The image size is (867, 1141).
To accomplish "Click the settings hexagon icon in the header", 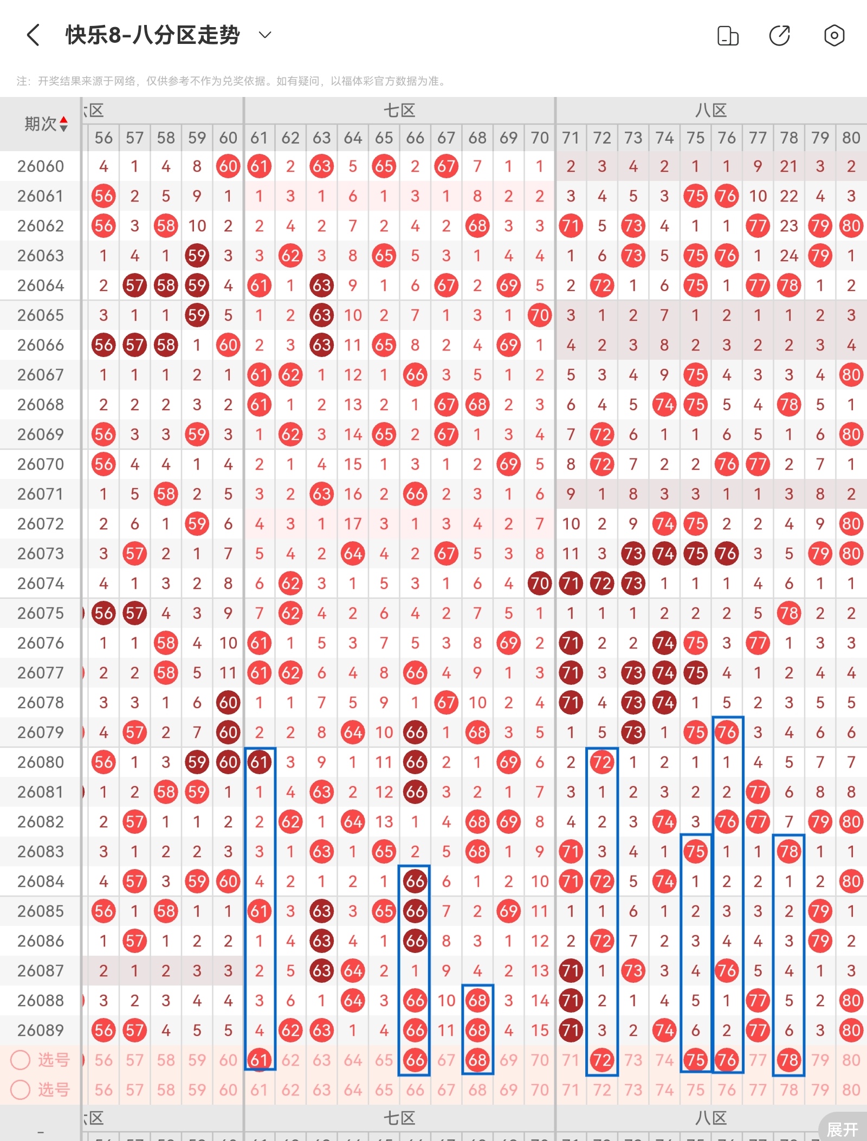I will pos(834,36).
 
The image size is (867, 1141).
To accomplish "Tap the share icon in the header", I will pos(780,36).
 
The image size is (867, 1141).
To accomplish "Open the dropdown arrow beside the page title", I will pos(265,35).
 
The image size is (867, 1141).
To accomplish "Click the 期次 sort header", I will pos(46,124).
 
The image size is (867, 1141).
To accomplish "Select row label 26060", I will pos(41,166).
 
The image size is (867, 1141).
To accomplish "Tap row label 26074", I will pos(41,584).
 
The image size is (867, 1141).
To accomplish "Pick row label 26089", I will pos(41,1030).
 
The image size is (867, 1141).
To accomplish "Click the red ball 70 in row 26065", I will pos(540,315).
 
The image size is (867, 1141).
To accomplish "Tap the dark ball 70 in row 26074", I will pos(540,584).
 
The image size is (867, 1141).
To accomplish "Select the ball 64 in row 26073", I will pos(353,554).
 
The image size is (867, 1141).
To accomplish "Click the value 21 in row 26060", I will pos(789,166).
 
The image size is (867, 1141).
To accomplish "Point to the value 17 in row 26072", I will pos(353,524).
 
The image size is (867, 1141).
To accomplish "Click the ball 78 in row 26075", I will pos(789,613).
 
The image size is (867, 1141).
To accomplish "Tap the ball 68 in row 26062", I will pos(477,226).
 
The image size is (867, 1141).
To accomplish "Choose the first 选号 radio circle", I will pos(21,1060).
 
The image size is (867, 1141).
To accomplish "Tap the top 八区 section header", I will pos(711,111).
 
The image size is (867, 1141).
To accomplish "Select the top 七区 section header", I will pos(399,111).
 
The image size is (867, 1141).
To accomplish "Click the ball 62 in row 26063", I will pos(290,256).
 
